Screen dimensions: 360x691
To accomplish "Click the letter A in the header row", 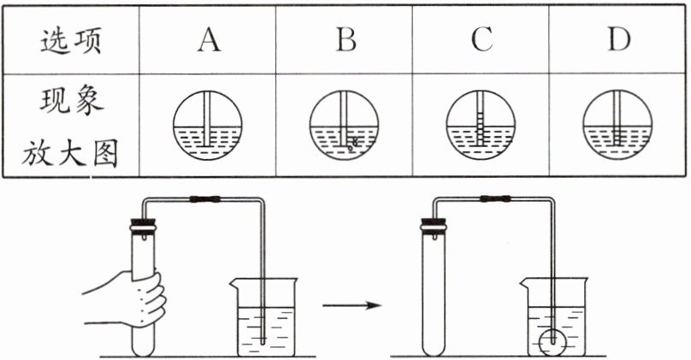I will [x=208, y=40].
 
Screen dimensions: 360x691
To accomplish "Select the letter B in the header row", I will [x=345, y=40].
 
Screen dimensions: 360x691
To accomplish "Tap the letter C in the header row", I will [x=482, y=40].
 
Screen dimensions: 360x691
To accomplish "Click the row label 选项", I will [x=71, y=40].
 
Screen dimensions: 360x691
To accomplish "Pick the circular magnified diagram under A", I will [x=208, y=126].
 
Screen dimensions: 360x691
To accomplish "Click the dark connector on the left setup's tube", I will [x=205, y=200].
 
